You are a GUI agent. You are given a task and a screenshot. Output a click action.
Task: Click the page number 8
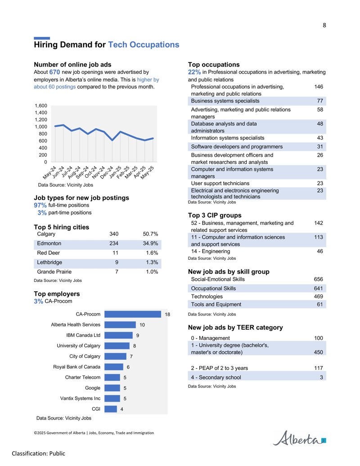(324, 25)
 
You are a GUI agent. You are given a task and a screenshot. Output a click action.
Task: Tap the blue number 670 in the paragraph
(54, 72)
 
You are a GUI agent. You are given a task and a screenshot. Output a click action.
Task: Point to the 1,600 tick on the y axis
(41, 106)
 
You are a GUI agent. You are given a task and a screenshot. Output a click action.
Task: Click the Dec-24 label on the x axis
(107, 172)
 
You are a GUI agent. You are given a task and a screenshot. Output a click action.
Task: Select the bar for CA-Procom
(132, 314)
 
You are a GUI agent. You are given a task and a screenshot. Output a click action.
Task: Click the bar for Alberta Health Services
(120, 325)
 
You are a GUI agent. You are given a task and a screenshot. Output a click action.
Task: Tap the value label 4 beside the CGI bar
(122, 409)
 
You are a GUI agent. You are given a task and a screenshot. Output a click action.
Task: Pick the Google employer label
(93, 388)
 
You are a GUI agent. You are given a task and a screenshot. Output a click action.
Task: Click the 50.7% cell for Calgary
(150, 234)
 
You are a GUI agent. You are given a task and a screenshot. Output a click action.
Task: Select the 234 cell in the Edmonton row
(114, 244)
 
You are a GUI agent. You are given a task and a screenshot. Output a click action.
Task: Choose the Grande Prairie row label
(54, 271)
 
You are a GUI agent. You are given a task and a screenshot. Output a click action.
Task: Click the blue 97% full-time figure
(40, 205)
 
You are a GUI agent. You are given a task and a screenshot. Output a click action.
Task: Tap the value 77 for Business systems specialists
(320, 101)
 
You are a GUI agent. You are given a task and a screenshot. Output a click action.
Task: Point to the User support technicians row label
(220, 183)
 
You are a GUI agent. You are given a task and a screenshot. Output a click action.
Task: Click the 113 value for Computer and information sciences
(319, 237)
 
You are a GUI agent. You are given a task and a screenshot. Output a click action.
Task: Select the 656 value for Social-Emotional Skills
(319, 279)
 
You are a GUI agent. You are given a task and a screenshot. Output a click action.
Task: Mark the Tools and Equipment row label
(216, 304)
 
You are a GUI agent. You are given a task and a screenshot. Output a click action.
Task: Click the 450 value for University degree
(319, 352)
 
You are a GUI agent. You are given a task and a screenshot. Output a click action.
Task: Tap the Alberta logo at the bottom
(299, 438)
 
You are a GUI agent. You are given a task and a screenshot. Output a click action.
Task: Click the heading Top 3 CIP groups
(215, 215)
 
